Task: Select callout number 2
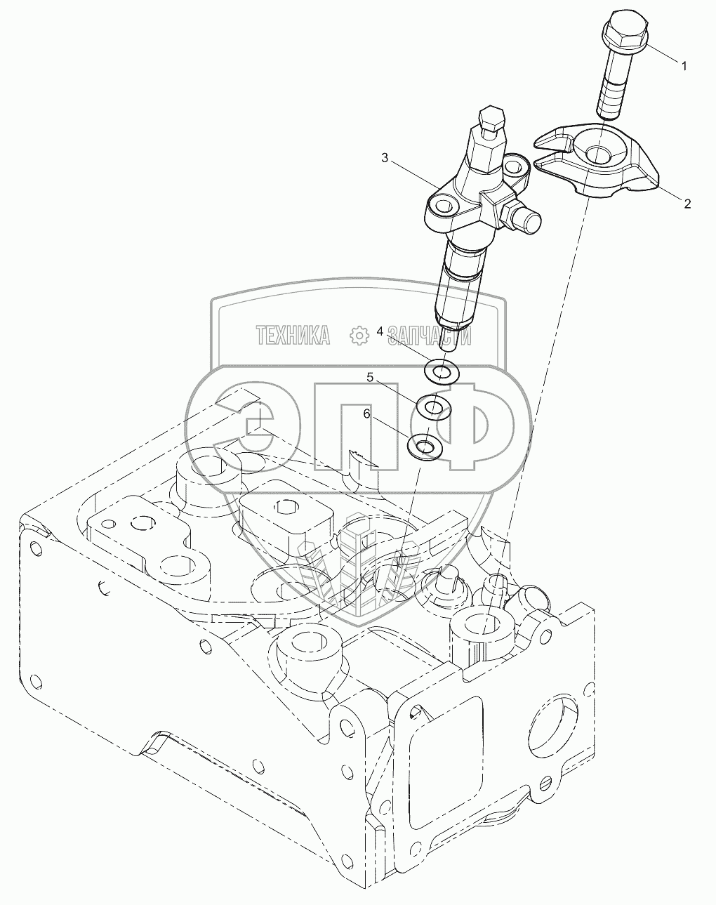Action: click(687, 204)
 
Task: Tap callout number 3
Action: click(384, 158)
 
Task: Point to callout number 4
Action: click(380, 331)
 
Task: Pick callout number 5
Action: click(370, 378)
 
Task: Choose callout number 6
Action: click(366, 414)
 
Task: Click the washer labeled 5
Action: click(434, 407)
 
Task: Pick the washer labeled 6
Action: click(425, 446)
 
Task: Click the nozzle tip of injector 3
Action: click(449, 340)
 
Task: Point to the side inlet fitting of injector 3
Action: click(528, 216)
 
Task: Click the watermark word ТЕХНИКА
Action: click(293, 336)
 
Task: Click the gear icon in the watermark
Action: click(359, 336)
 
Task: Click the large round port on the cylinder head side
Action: click(555, 726)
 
